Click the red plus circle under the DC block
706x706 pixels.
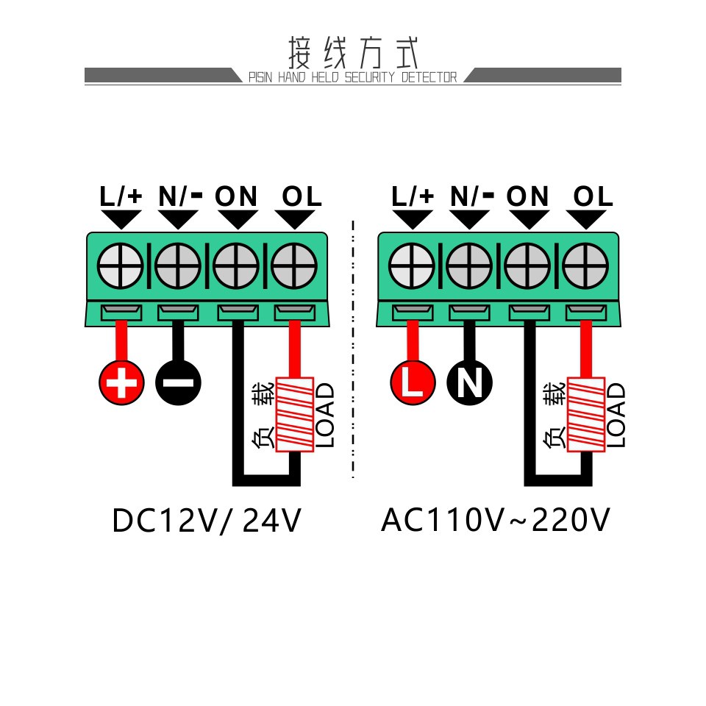(x=121, y=382)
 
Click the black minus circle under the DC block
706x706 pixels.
(x=178, y=382)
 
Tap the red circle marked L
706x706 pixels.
(x=413, y=382)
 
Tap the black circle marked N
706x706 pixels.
(x=470, y=382)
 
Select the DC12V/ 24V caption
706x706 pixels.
(x=207, y=521)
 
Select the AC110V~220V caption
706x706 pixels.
(x=495, y=520)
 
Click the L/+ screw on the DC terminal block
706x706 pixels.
(x=120, y=265)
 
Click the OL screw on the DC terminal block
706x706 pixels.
(x=294, y=265)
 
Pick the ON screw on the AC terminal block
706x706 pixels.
(x=527, y=265)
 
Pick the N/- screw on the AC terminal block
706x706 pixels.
(x=469, y=265)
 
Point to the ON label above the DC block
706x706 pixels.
(x=236, y=196)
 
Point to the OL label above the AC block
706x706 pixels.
(x=593, y=196)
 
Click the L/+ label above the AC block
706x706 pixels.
(x=413, y=196)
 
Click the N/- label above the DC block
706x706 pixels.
(x=180, y=196)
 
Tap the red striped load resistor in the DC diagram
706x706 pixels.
(x=294, y=414)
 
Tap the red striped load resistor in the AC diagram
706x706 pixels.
(x=586, y=414)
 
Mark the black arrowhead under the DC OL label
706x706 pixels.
(x=295, y=220)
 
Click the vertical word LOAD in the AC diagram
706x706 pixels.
(x=616, y=415)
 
